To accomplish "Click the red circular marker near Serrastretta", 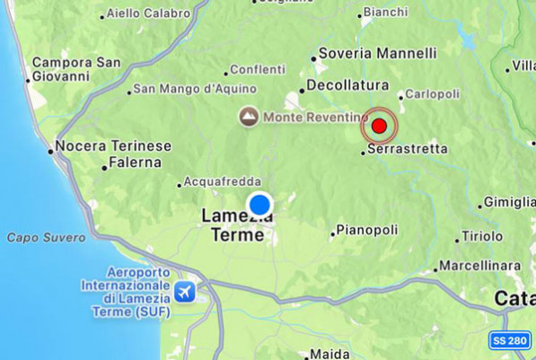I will (x=379, y=127).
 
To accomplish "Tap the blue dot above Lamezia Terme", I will (x=260, y=204).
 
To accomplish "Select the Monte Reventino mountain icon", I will (x=249, y=117).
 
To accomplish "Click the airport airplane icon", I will (x=185, y=292).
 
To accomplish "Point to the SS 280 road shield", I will (x=511, y=341).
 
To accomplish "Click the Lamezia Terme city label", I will (x=233, y=225).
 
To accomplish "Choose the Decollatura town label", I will (x=346, y=85).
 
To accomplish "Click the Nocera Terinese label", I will (x=113, y=145).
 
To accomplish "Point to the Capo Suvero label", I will (x=47, y=238).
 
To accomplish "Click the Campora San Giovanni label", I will (x=75, y=69).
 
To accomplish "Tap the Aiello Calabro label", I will (x=148, y=13).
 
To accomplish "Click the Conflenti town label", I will (x=258, y=69).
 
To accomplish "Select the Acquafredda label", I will (x=220, y=180).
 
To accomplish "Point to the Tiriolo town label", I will (x=482, y=236).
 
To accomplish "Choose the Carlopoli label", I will (x=434, y=93).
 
